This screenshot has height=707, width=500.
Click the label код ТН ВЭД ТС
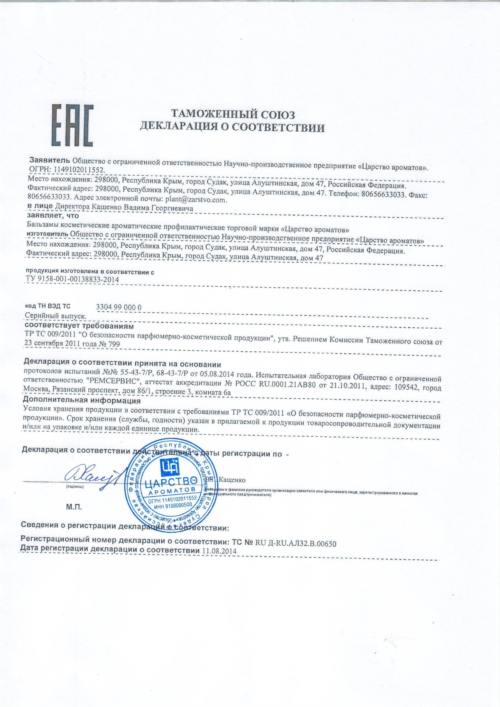[48, 306]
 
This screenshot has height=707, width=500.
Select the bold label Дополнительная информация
[82, 401]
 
